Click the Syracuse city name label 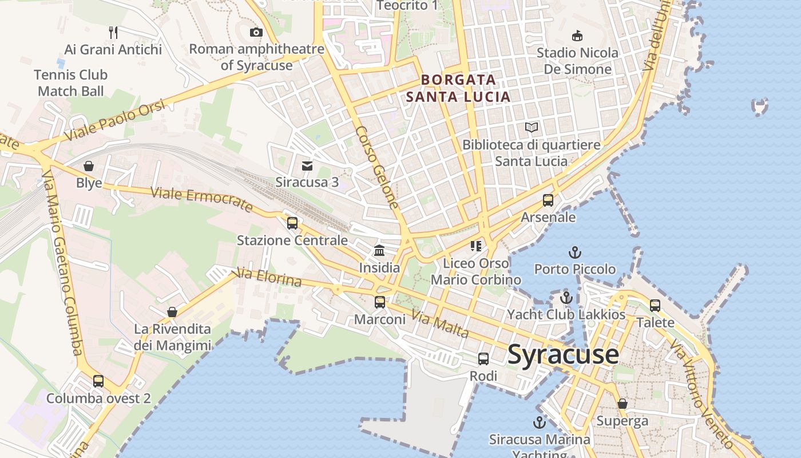pos(563,354)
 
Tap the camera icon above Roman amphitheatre pos(256,32)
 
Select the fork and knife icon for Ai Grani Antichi pos(113,33)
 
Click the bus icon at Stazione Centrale pos(292,223)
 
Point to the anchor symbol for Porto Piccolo pos(574,252)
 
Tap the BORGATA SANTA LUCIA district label pos(458,88)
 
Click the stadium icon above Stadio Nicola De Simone pos(577,35)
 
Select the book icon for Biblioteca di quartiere pos(532,128)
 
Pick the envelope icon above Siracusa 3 pos(307,166)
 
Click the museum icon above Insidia pos(379,250)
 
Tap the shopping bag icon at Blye pos(89,166)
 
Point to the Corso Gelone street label pos(376,167)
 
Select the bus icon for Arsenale pos(548,200)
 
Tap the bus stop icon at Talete pos(655,305)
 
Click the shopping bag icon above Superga pos(622,404)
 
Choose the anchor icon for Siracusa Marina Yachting pos(539,423)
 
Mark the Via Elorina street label pos(268,278)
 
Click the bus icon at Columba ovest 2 pos(98,381)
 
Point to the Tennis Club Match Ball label pos(71,82)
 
